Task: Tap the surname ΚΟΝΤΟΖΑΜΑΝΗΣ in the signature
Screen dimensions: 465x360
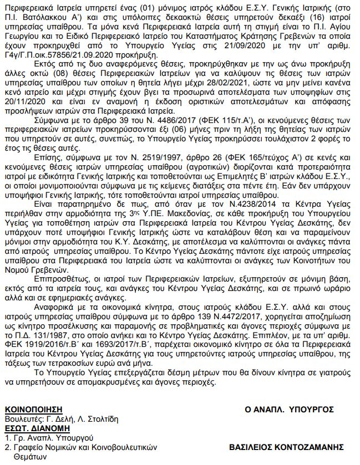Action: coord(312,447)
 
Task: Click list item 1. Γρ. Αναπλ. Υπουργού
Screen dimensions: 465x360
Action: coord(40,438)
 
